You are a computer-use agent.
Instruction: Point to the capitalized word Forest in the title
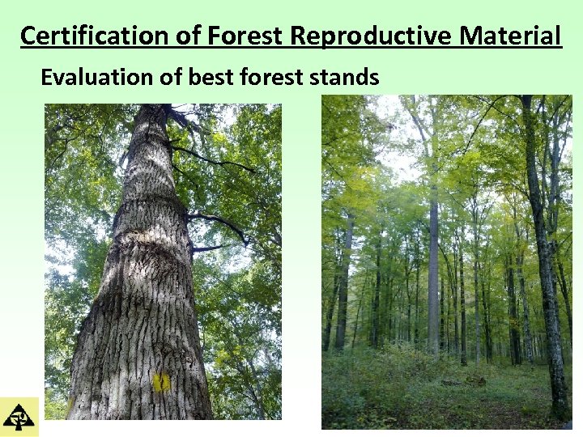245,36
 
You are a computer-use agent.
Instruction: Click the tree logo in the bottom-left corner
19,417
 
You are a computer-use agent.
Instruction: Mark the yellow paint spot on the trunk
161,381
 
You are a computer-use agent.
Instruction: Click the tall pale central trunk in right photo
433,267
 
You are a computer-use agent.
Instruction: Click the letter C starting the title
28,36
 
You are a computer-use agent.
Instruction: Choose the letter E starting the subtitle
47,78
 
